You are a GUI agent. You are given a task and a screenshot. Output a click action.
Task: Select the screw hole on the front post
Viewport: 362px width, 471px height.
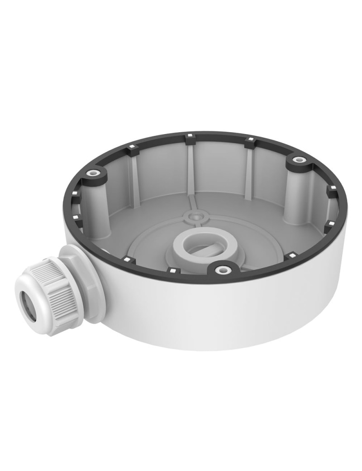click(x=221, y=270)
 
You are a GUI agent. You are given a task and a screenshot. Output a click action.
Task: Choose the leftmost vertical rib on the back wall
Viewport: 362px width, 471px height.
click(x=134, y=174)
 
